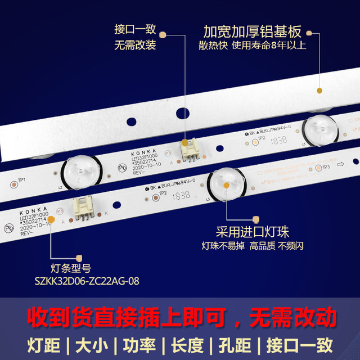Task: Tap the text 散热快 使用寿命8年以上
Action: click(252, 46)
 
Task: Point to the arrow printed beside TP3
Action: click(340, 164)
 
